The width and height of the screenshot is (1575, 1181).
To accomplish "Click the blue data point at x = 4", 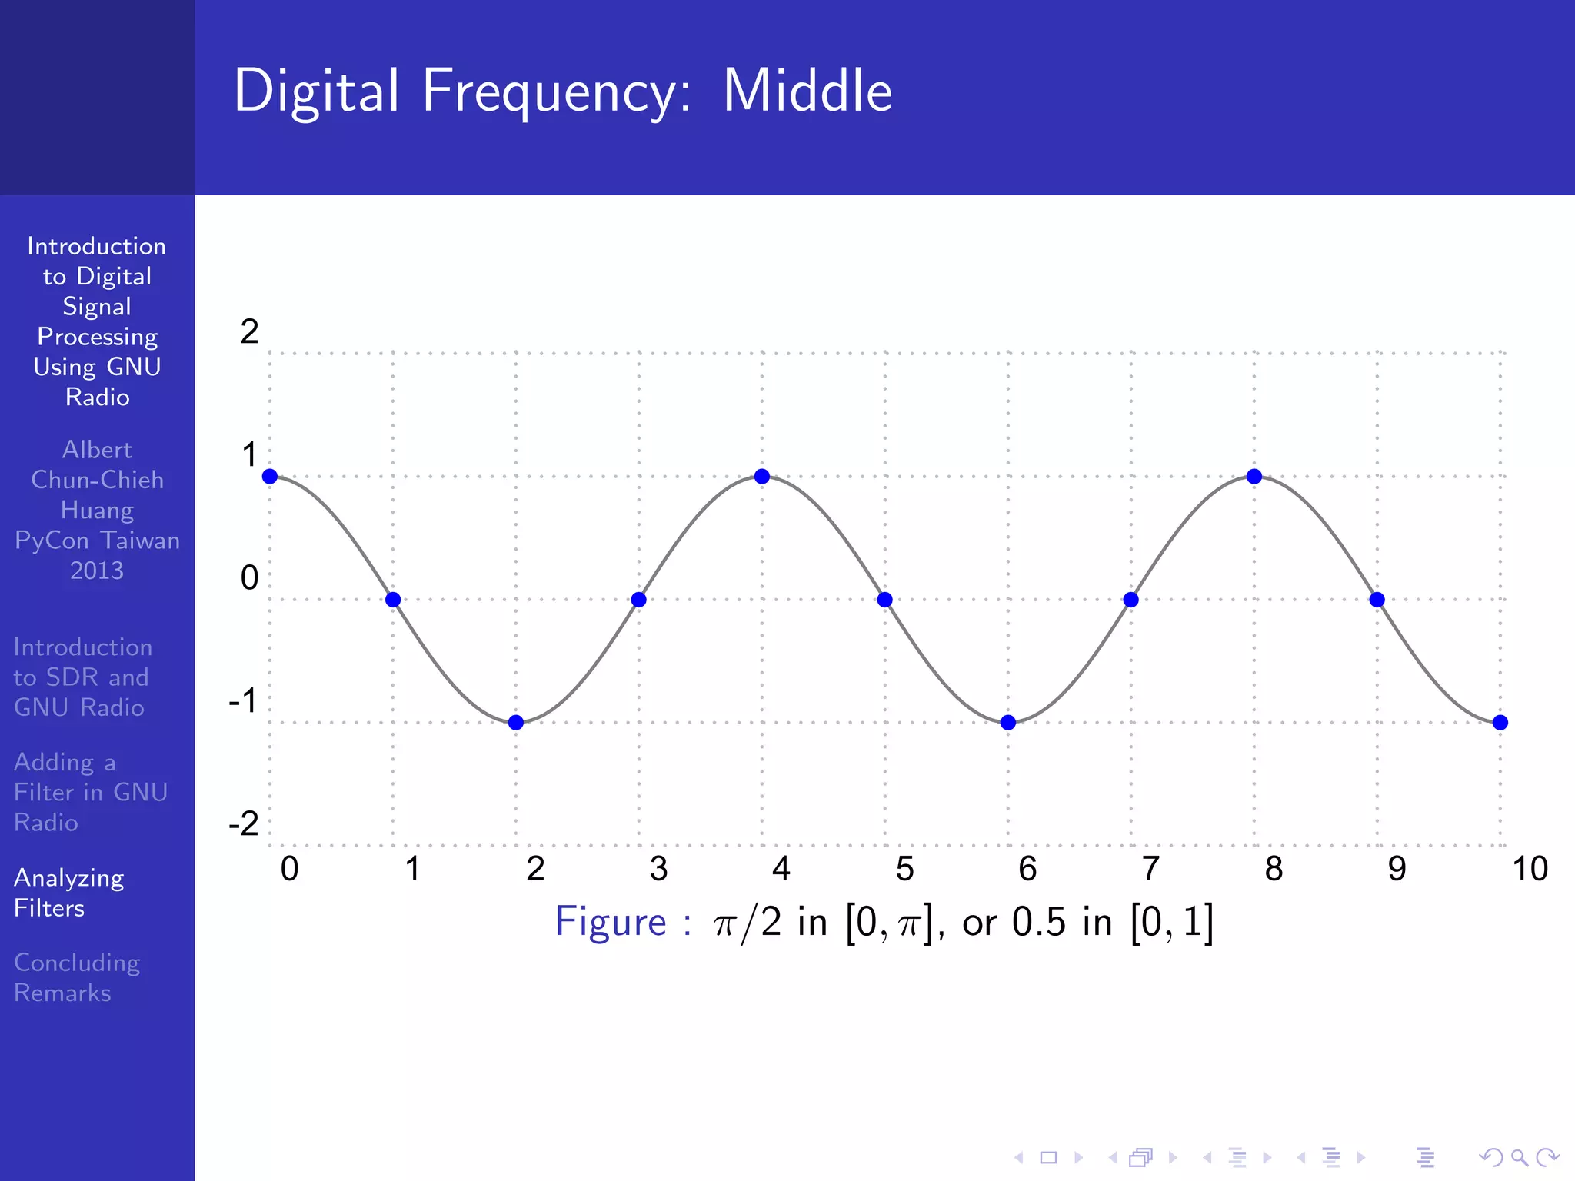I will click(x=761, y=477).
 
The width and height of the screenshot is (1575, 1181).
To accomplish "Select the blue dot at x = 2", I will click(x=516, y=723).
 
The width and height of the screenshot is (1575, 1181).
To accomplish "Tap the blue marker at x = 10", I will click(x=1500, y=723).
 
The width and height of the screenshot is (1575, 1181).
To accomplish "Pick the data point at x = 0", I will click(x=270, y=477).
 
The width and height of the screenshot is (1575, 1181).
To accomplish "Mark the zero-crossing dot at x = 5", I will click(x=884, y=600).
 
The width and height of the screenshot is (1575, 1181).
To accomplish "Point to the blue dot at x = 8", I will click(x=1254, y=477).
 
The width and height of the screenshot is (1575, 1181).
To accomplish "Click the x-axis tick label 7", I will click(x=1150, y=869).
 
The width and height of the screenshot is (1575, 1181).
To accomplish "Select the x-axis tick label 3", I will click(x=658, y=869).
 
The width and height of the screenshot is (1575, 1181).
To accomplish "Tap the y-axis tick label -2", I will click(x=245, y=824).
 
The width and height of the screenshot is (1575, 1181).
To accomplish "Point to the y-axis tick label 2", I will click(x=249, y=332).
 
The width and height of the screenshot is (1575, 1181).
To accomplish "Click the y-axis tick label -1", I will click(x=243, y=701).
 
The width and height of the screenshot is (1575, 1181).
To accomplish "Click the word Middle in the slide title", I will click(x=807, y=91).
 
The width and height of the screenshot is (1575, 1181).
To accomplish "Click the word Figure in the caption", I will click(x=611, y=923).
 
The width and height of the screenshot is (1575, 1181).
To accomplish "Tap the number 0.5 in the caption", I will click(x=1038, y=923).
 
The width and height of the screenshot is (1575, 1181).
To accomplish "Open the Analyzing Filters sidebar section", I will click(x=69, y=893).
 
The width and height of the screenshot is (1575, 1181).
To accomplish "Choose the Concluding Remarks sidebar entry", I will click(x=77, y=977).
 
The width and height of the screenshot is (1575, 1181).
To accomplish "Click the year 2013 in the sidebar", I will click(x=97, y=571).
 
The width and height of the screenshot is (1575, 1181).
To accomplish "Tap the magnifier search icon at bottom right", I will click(x=1519, y=1157).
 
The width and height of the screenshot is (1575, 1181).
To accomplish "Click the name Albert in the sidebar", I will click(x=97, y=450).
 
